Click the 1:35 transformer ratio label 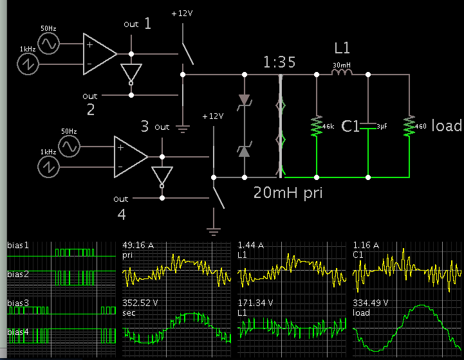point(279,62)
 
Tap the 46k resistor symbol point(316,125)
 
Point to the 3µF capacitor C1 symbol point(367,125)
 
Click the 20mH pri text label point(286,192)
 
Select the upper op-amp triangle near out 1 point(99,54)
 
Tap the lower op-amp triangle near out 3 point(130,157)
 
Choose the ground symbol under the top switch point(183,127)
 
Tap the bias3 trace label point(19,302)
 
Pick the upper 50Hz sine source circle point(48,44)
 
